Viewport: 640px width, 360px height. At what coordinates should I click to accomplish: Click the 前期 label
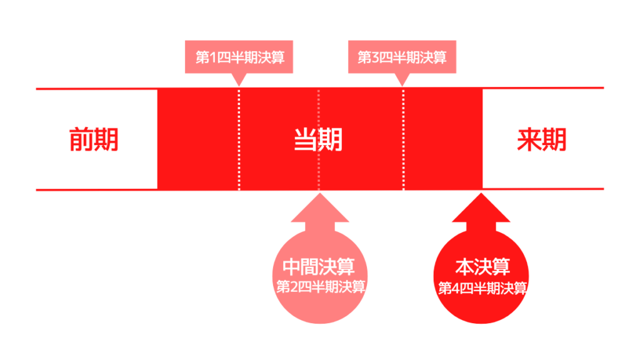point(93,139)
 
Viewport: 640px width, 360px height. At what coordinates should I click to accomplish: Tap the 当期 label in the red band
point(318,139)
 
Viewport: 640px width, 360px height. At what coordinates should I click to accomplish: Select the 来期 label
point(541,139)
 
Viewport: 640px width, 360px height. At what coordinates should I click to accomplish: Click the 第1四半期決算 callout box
point(240,57)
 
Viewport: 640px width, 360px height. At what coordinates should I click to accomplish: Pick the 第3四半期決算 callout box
point(402,57)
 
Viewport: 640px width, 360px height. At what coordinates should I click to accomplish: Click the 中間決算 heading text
point(319,267)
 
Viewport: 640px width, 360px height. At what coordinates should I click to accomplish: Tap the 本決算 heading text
point(482,267)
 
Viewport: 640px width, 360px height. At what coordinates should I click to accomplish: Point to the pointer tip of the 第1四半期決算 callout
point(237,84)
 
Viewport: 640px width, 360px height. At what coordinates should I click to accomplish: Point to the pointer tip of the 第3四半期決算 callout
point(402,84)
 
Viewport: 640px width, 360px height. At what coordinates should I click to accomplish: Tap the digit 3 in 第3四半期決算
point(373,58)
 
